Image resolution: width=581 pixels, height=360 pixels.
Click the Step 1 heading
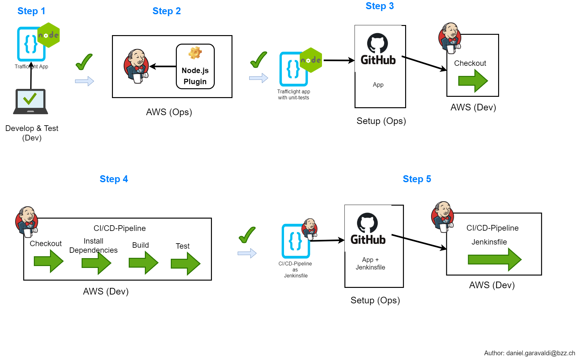[x=31, y=11]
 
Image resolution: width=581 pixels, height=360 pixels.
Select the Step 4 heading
[x=114, y=179]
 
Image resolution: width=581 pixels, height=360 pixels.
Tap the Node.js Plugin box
[x=195, y=67]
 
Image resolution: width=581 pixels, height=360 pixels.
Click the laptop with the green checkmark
[x=30, y=101]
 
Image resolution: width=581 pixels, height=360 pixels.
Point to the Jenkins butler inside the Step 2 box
[x=136, y=66]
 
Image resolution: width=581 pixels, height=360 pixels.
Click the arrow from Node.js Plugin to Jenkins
[x=163, y=66]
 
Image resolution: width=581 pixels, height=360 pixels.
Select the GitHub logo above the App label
[x=378, y=49]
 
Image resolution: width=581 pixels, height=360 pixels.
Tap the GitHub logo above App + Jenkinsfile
[x=368, y=229]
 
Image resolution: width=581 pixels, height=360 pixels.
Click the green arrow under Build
[x=143, y=263]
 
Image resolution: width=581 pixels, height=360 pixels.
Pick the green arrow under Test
[x=185, y=264]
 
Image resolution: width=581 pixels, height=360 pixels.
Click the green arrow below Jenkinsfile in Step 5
[x=494, y=259]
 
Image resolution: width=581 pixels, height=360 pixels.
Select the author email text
[x=529, y=353]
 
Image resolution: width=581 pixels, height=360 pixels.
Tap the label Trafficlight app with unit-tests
[x=294, y=95]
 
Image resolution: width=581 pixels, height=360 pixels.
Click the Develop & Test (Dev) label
[x=32, y=133]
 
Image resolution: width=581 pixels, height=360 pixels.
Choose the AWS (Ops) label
[x=169, y=112]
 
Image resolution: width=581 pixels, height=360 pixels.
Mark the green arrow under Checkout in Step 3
[x=473, y=81]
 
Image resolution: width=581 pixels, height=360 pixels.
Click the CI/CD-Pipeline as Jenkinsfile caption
[x=295, y=270]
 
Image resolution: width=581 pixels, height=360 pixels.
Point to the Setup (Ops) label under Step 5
[x=375, y=300]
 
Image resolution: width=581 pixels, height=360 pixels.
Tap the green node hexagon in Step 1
[x=49, y=35]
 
